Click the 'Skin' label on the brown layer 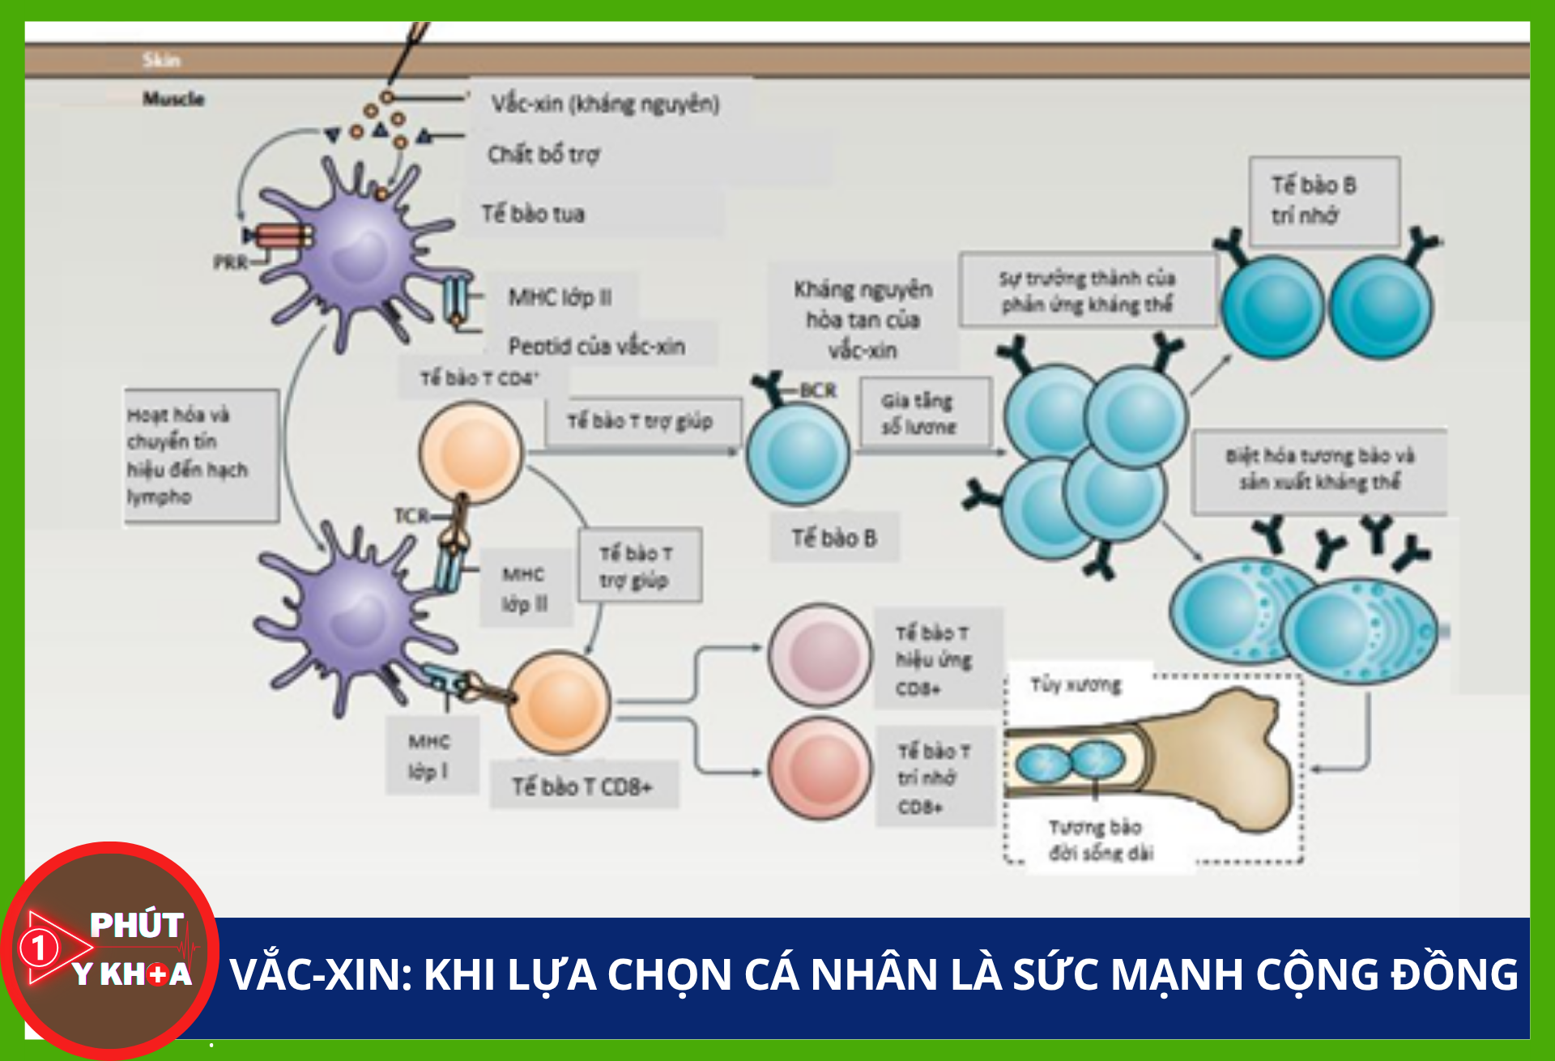point(161,60)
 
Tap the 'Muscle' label point(173,99)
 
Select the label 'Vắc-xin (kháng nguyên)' point(605,104)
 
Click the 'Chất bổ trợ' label point(543,154)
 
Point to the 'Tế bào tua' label point(533,214)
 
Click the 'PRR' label point(230,262)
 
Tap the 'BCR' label point(818,390)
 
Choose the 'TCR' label point(411,516)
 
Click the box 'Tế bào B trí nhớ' point(1323,201)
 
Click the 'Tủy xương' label point(1076,685)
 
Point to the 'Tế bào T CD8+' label point(582,786)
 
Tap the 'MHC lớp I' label point(429,756)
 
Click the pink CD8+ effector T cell point(820,654)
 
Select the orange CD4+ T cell point(471,451)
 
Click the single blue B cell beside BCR point(798,454)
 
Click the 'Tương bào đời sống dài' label point(1099,840)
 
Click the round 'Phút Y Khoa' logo point(110,949)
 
